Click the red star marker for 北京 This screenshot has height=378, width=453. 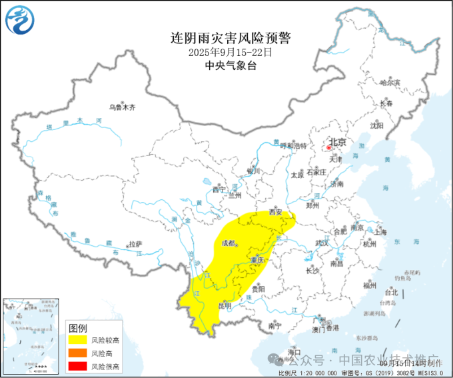(329, 143)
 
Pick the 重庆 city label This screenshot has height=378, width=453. (257, 259)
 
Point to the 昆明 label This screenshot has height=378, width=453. (225, 305)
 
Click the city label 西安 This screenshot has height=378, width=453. (276, 213)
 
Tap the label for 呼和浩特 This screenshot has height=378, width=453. (293, 146)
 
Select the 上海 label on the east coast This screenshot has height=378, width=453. (380, 232)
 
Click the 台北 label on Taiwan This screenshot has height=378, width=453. (390, 291)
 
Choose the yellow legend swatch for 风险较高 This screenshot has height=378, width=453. (78, 340)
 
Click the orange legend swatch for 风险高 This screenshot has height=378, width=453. (78, 353)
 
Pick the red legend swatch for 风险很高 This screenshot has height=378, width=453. (78, 366)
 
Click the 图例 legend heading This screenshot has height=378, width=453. (78, 328)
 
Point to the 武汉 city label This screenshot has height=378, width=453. (322, 243)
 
